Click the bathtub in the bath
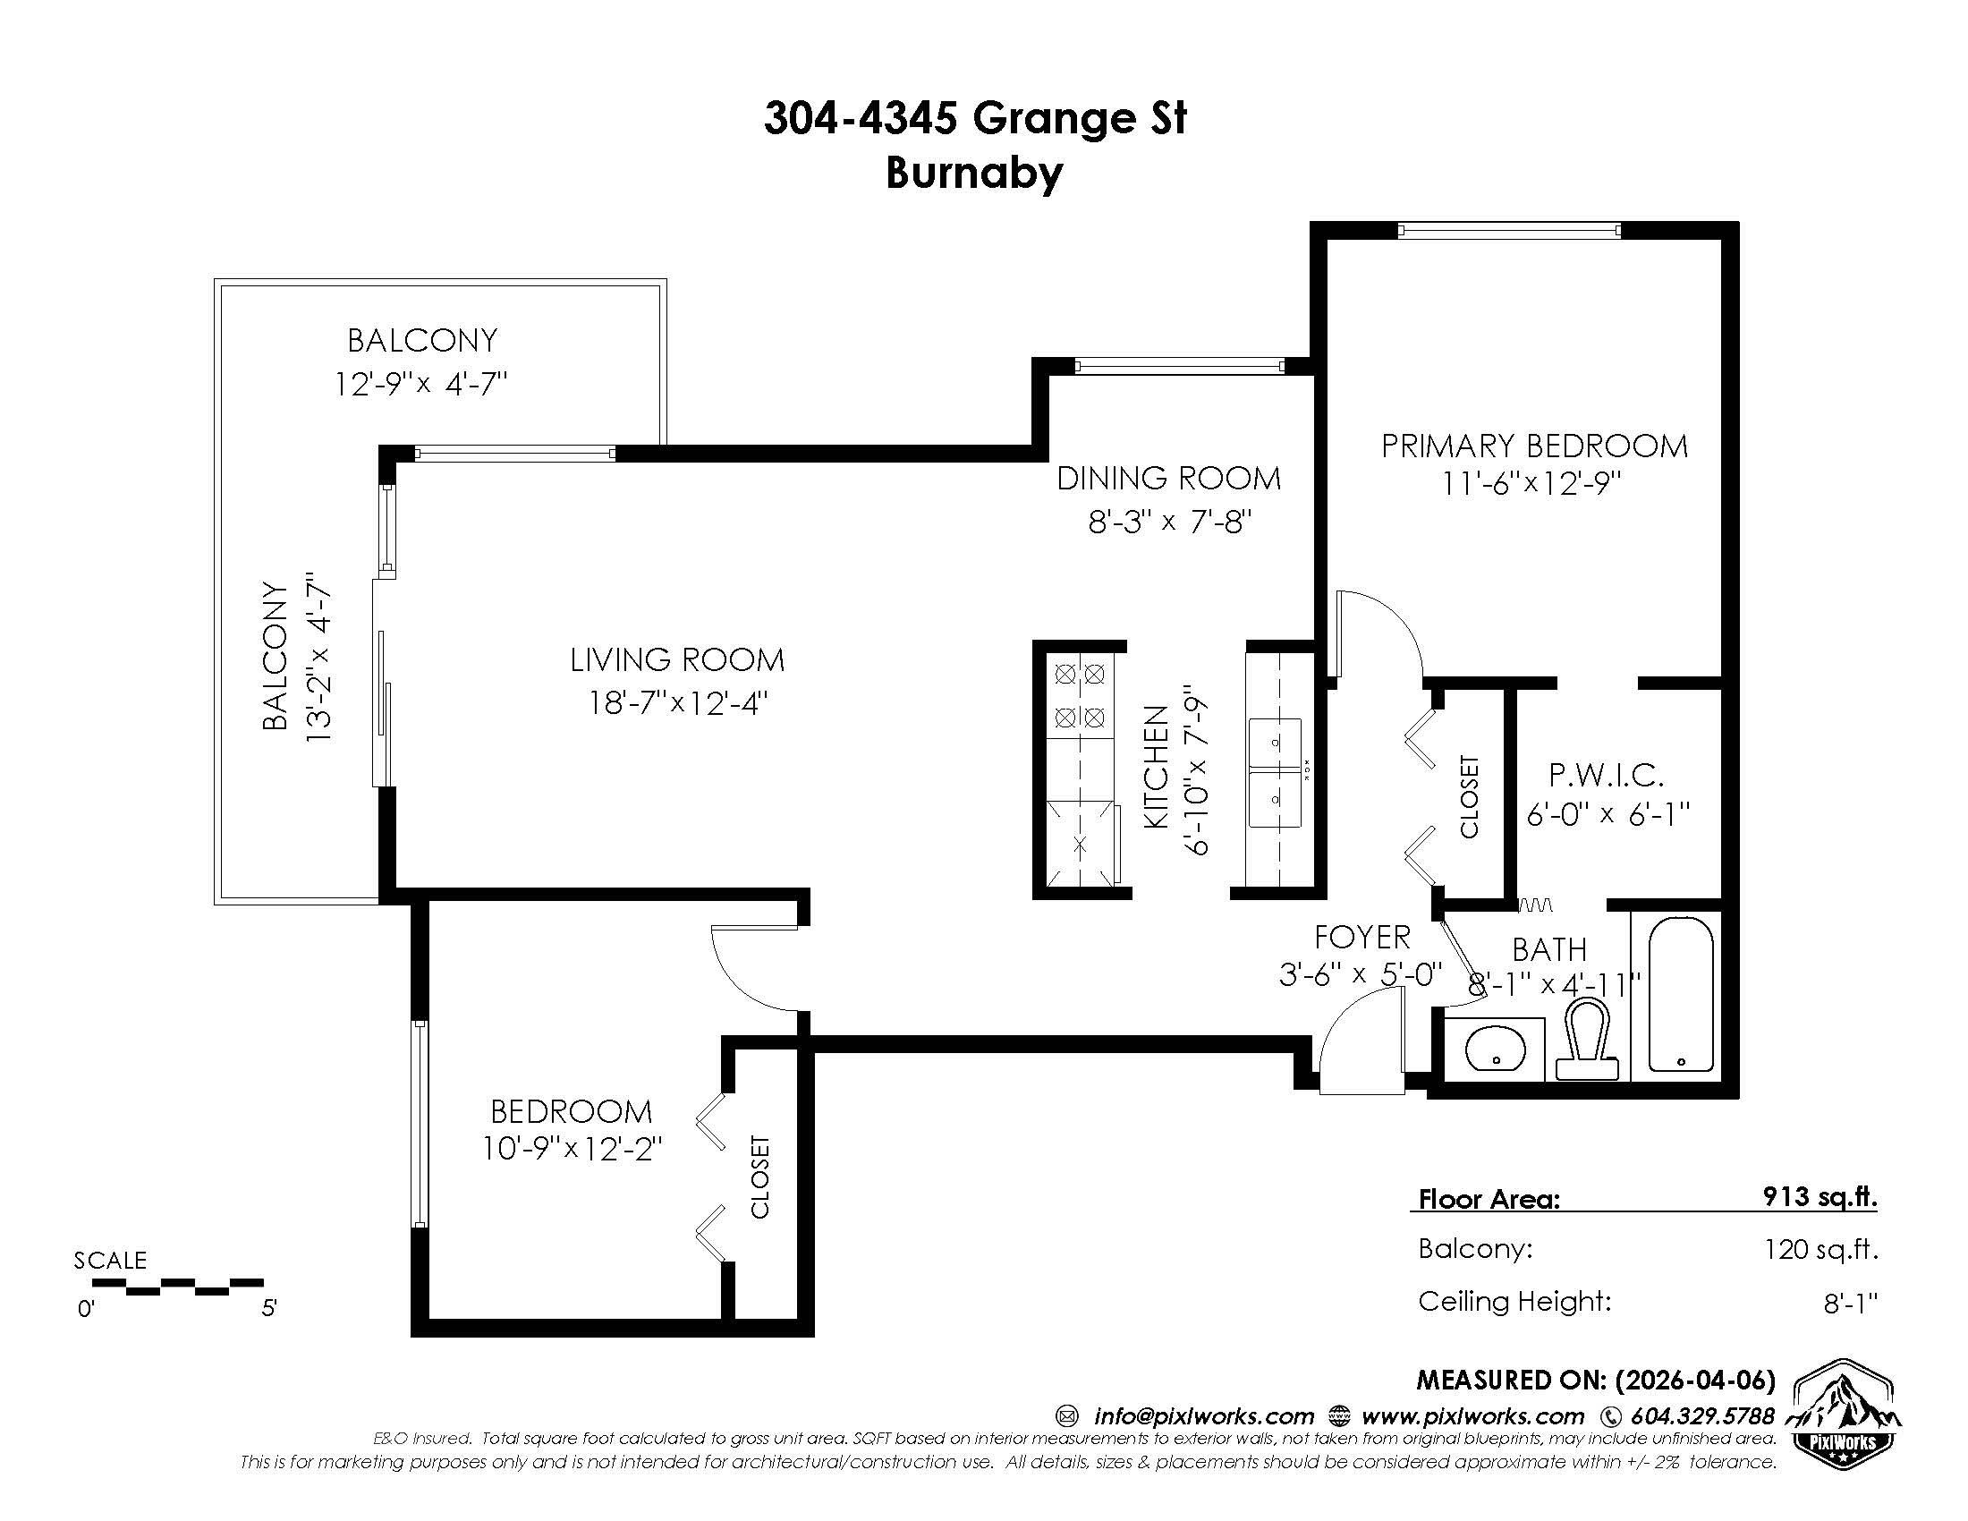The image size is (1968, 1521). pyautogui.click(x=1681, y=995)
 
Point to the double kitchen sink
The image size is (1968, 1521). pyautogui.click(x=1274, y=773)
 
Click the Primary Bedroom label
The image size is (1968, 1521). pyautogui.click(x=1534, y=446)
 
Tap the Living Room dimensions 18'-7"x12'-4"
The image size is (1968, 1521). pyautogui.click(x=678, y=702)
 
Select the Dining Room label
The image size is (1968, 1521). pyautogui.click(x=1169, y=478)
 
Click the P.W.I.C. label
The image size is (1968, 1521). pyautogui.click(x=1607, y=774)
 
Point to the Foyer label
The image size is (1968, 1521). pyautogui.click(x=1361, y=937)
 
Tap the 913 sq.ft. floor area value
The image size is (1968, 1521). pyautogui.click(x=1820, y=1196)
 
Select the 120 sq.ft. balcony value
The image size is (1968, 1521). pyautogui.click(x=1820, y=1249)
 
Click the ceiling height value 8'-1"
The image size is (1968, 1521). pyautogui.click(x=1851, y=1302)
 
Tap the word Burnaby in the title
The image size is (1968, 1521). pyautogui.click(x=974, y=173)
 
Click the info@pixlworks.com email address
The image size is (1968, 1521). pyautogui.click(x=1204, y=1416)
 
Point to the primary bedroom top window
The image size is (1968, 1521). pyautogui.click(x=1509, y=231)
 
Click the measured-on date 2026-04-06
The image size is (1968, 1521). pyautogui.click(x=1695, y=1380)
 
